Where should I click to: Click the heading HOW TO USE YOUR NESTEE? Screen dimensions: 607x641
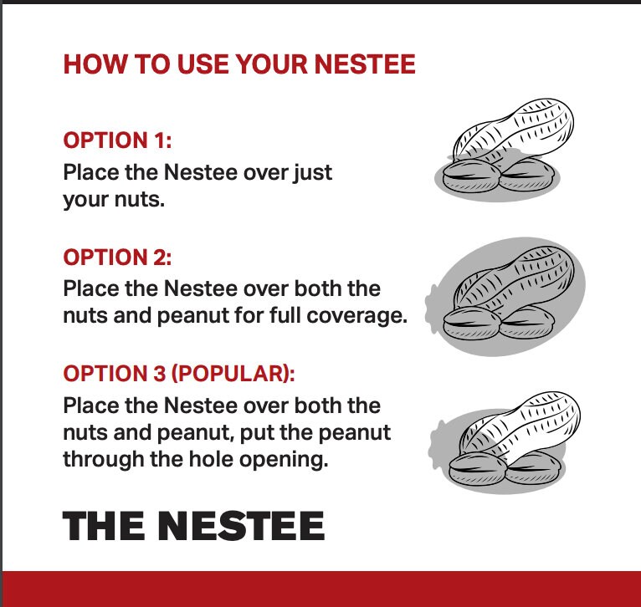tap(239, 64)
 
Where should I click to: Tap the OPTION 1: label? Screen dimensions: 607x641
tap(117, 140)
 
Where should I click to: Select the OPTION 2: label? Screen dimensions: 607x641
tap(117, 257)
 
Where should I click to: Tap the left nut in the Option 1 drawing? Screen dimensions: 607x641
tap(470, 173)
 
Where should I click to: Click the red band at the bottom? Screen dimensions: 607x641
tap(320, 589)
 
